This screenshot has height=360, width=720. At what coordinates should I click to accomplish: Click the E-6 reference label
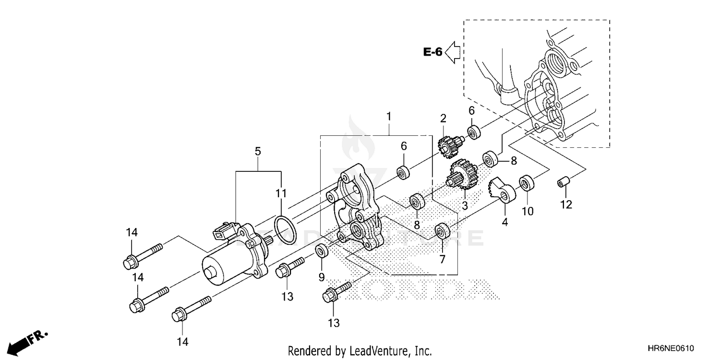pyautogui.click(x=432, y=52)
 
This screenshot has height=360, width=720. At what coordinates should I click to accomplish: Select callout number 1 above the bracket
pyautogui.click(x=389, y=116)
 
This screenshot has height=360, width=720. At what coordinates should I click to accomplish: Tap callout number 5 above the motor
pyautogui.click(x=258, y=152)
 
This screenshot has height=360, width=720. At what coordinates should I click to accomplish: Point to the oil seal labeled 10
pyautogui.click(x=527, y=184)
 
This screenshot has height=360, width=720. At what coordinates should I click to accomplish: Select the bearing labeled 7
pyautogui.click(x=441, y=231)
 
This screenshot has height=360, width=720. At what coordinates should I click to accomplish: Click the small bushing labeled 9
pyautogui.click(x=322, y=251)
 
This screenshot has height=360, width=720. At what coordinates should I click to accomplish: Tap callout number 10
pyautogui.click(x=528, y=211)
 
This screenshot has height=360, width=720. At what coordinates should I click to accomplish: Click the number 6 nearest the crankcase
pyautogui.click(x=471, y=110)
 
